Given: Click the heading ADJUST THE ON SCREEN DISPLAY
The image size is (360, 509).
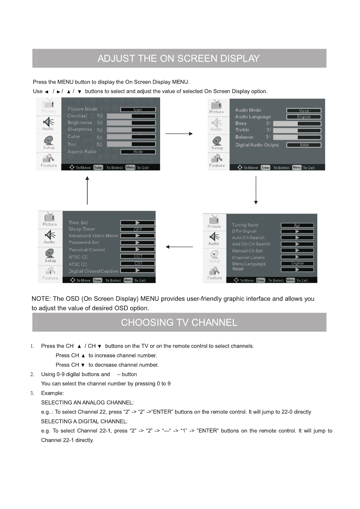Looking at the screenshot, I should pyautogui.click(x=179, y=58).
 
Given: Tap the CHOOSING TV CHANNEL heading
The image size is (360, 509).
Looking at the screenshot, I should pyautogui.click(x=179, y=322).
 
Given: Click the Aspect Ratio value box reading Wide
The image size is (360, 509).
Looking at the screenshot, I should pyautogui.click(x=138, y=152).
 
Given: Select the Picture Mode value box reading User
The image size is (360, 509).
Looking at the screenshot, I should pyautogui.click(x=138, y=110).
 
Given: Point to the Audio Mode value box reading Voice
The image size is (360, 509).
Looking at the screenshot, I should pyautogui.click(x=304, y=111).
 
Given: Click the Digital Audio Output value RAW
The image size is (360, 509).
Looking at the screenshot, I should pyautogui.click(x=304, y=145).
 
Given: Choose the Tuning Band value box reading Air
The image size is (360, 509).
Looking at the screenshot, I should pyautogui.click(x=297, y=225).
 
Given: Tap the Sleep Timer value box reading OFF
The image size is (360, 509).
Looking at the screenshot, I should pyautogui.click(x=137, y=229).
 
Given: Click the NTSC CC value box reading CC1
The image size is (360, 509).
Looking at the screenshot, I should pyautogui.click(x=137, y=256).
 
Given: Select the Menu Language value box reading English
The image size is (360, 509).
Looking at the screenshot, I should pyautogui.click(x=297, y=263).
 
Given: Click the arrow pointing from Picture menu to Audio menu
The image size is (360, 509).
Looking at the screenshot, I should pyautogui.click(x=179, y=134).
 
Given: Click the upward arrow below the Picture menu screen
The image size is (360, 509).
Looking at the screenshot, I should pyautogui.click(x=87, y=191).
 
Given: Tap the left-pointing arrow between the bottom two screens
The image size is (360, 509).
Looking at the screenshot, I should pyautogui.click(x=179, y=247).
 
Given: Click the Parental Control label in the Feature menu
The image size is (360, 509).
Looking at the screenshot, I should pyautogui.click(x=87, y=250).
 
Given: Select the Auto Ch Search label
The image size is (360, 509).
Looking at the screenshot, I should pyautogui.click(x=248, y=238).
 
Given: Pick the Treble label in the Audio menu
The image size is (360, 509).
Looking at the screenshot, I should pyautogui.click(x=242, y=130).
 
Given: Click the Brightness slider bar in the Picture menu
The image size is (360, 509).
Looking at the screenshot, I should pyautogui.click(x=131, y=123).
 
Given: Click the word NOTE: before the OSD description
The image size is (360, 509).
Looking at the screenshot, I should pyautogui.click(x=41, y=299).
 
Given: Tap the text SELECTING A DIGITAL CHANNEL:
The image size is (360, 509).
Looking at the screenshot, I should pyautogui.click(x=84, y=421).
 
